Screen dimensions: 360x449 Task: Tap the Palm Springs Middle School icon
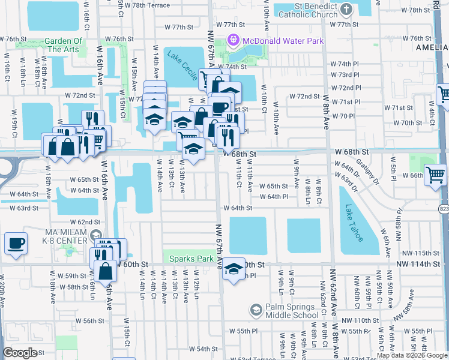256,310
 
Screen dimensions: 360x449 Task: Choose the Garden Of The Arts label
55,45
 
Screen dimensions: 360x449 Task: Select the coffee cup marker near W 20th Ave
16,244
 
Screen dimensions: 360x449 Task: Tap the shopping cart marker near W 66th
435,175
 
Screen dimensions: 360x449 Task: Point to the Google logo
20,353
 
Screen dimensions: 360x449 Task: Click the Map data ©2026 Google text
412,355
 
